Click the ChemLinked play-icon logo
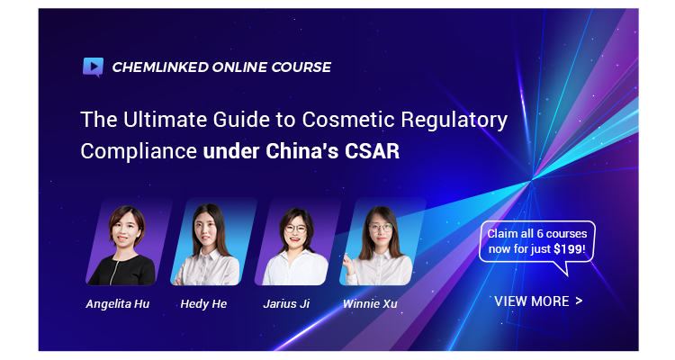[93, 67]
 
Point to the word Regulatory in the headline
[455, 121]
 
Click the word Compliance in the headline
[138, 151]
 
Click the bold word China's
[301, 151]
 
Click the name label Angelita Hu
[118, 303]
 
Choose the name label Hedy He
[203, 303]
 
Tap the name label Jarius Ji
[288, 303]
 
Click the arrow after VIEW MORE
[578, 301]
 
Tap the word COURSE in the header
[301, 67]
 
